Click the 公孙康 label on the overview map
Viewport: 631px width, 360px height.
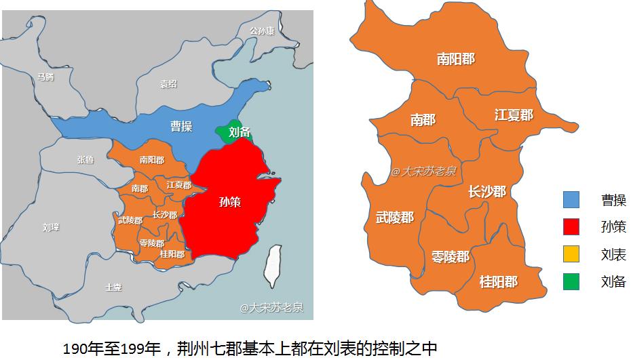[x=262, y=31]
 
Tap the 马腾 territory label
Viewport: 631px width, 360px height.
[x=45, y=77]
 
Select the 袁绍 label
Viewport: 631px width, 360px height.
[x=168, y=84]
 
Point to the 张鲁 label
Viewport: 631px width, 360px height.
[x=85, y=160]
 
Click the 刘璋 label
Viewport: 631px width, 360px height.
[x=50, y=227]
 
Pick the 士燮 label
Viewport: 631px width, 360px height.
[x=113, y=287]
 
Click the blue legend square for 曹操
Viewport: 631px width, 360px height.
[x=571, y=200]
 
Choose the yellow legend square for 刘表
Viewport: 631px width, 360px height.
[x=571, y=254]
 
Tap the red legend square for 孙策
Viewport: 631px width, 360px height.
[x=571, y=227]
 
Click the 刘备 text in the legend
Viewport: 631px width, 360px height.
[x=613, y=281]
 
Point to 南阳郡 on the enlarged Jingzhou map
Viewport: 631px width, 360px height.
[x=455, y=59]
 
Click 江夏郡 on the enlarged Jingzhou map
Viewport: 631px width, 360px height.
[x=514, y=115]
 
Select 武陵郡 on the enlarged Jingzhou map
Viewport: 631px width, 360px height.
[x=394, y=217]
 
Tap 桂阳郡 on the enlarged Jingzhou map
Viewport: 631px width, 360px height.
[x=498, y=281]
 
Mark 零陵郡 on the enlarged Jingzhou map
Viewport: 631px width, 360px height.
[x=450, y=257]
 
